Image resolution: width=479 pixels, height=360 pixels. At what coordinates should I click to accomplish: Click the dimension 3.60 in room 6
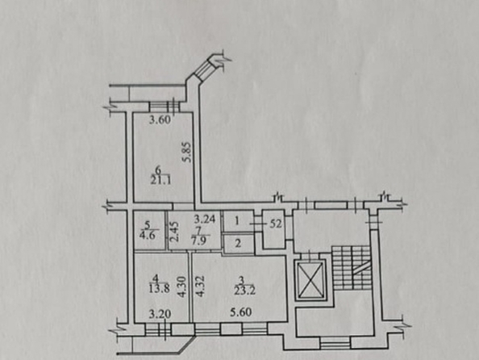pyautogui.click(x=160, y=119)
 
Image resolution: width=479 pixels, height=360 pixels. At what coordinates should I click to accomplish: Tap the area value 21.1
pyautogui.click(x=160, y=180)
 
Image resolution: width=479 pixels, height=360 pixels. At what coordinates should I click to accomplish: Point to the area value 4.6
pyautogui.click(x=148, y=236)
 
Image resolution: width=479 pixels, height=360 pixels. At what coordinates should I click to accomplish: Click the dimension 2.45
pyautogui.click(x=174, y=231)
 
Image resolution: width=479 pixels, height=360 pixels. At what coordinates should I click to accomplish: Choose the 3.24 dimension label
pyautogui.click(x=205, y=219)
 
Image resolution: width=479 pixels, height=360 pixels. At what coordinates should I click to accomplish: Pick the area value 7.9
pyautogui.click(x=198, y=240)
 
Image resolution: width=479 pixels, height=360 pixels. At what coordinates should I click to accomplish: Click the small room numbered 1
pyautogui.click(x=238, y=221)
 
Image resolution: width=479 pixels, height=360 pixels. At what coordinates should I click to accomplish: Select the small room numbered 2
pyautogui.click(x=239, y=244)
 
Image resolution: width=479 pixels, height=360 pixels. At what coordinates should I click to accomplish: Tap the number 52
pyautogui.click(x=276, y=224)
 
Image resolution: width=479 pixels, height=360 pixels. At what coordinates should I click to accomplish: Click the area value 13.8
pyautogui.click(x=160, y=288)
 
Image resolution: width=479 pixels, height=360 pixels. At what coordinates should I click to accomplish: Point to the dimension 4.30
pyautogui.click(x=182, y=287)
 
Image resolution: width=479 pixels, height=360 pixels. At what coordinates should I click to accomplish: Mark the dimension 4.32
pyautogui.click(x=200, y=287)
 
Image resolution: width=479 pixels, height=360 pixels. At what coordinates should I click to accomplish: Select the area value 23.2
pyautogui.click(x=244, y=291)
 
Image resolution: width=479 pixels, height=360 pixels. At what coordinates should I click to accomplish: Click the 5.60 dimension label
pyautogui.click(x=241, y=312)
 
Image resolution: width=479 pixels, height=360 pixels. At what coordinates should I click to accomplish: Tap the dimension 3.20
pyautogui.click(x=160, y=314)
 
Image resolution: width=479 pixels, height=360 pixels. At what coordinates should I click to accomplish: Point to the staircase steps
pyautogui.click(x=352, y=268)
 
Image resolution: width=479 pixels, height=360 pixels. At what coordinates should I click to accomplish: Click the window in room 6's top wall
pyautogui.click(x=164, y=107)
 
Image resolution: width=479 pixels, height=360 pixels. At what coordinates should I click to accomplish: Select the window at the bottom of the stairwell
pyautogui.click(x=335, y=342)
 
